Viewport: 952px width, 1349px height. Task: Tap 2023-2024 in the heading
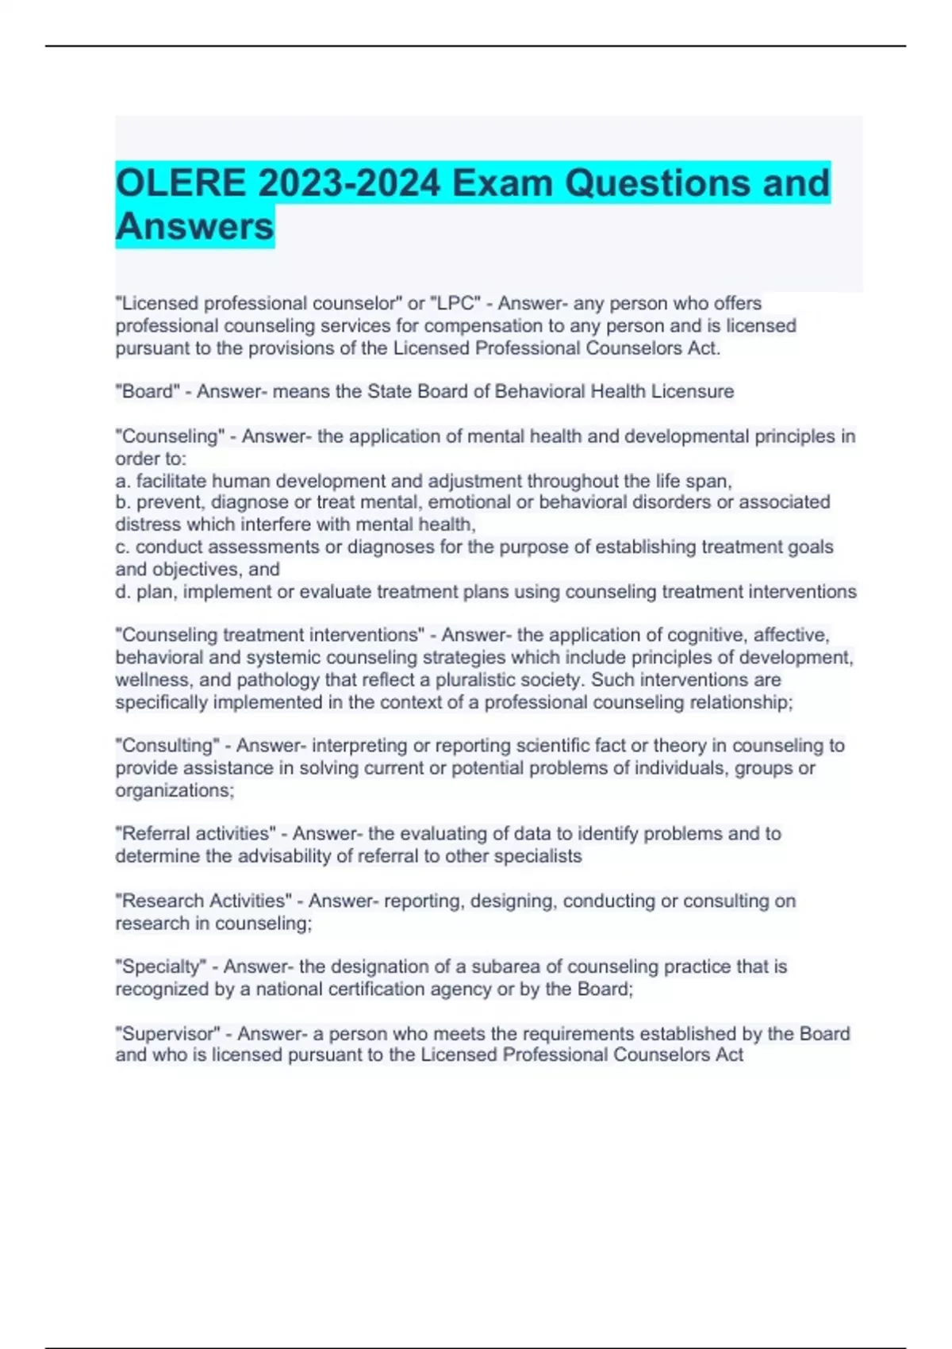point(349,183)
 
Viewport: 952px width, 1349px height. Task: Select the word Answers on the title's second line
point(194,226)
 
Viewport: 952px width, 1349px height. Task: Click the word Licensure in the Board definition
point(692,391)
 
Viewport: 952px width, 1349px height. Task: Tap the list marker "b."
point(123,502)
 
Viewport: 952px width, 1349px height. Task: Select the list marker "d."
point(123,591)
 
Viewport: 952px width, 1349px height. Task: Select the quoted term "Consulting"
point(167,745)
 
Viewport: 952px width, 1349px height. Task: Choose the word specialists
point(538,856)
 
